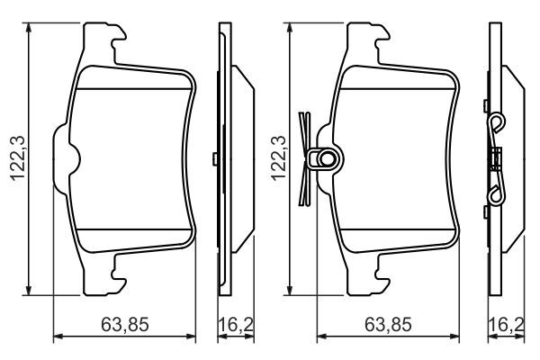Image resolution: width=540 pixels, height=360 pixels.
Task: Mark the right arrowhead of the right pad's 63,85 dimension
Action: (x=455, y=337)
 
